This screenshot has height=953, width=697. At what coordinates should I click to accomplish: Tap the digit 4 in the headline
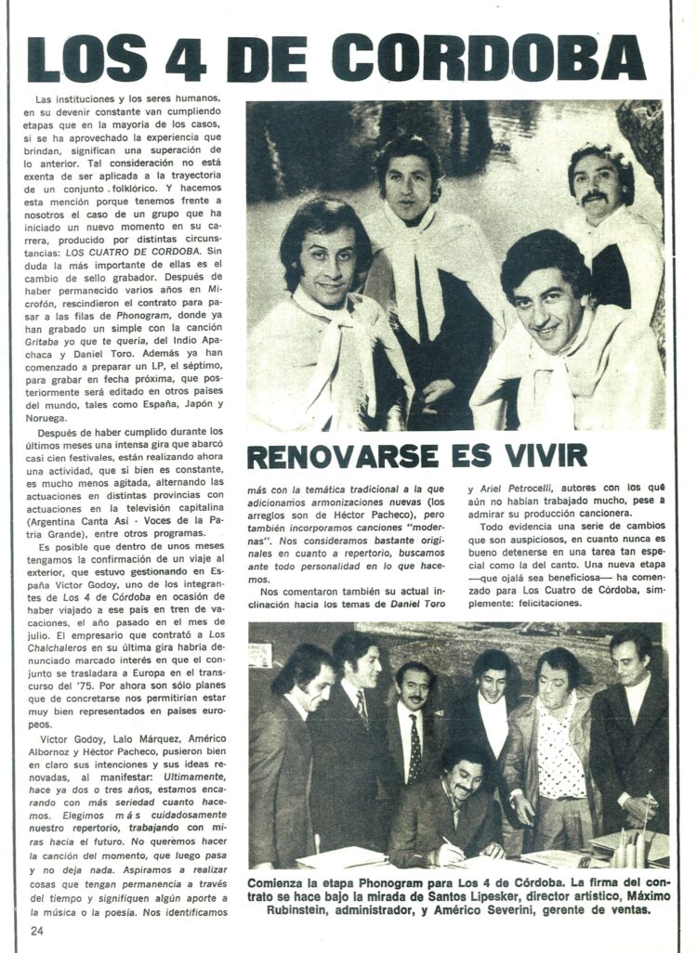[x=186, y=58]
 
